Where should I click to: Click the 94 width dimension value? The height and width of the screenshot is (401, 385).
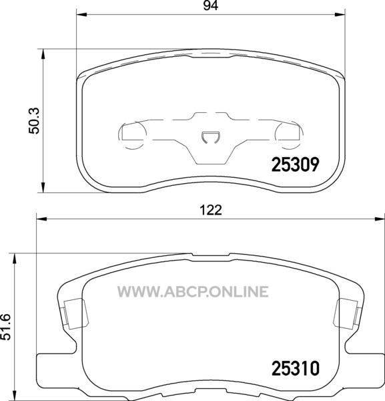(211, 5)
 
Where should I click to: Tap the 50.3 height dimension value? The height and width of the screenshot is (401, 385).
(34, 121)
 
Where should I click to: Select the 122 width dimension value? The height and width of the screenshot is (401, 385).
(211, 211)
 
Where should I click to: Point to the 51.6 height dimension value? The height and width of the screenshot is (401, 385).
(5, 327)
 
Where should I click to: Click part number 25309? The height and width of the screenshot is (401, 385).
(295, 164)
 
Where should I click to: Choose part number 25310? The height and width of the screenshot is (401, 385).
(296, 369)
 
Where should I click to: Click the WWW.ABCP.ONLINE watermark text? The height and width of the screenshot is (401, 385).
(193, 292)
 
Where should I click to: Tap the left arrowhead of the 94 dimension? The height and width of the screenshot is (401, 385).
(81, 15)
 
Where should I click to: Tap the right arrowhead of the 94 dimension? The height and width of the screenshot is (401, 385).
(340, 15)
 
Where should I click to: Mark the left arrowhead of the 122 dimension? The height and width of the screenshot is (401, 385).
(42, 219)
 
